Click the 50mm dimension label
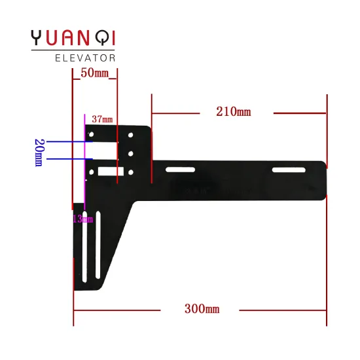point(94,73)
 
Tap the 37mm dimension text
point(101,120)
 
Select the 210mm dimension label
point(233,112)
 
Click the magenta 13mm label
point(83,219)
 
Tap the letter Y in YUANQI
point(38,38)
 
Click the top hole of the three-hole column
point(132,135)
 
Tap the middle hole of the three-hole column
point(132,154)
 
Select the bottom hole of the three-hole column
point(132,173)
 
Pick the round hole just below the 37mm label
point(92,135)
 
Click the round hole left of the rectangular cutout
point(92,173)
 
